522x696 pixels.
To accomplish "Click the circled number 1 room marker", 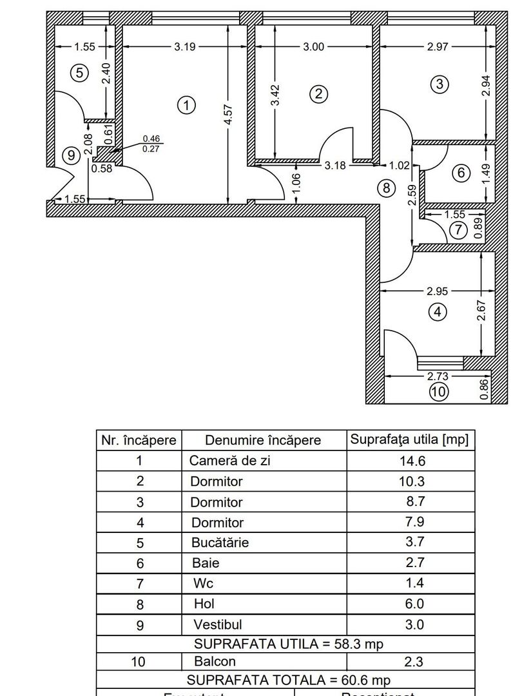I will click(x=186, y=105).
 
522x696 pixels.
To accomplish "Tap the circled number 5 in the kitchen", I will click(x=79, y=73).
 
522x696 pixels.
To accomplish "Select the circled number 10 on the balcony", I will click(x=438, y=391).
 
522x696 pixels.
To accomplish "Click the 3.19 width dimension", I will click(x=185, y=46).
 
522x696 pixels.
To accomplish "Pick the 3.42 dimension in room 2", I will click(x=275, y=95).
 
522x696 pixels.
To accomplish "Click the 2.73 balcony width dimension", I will click(x=438, y=375).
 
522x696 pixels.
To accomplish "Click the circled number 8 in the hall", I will click(x=386, y=188).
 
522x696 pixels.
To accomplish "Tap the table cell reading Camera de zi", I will click(x=222, y=461).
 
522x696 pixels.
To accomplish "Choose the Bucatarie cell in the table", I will click(x=220, y=542).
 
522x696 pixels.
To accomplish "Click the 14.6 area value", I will click(x=411, y=461).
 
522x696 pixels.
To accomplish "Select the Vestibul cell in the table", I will click(x=217, y=624).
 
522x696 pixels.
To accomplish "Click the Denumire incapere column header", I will click(x=262, y=440).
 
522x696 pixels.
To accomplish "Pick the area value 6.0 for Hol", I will click(x=411, y=604).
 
